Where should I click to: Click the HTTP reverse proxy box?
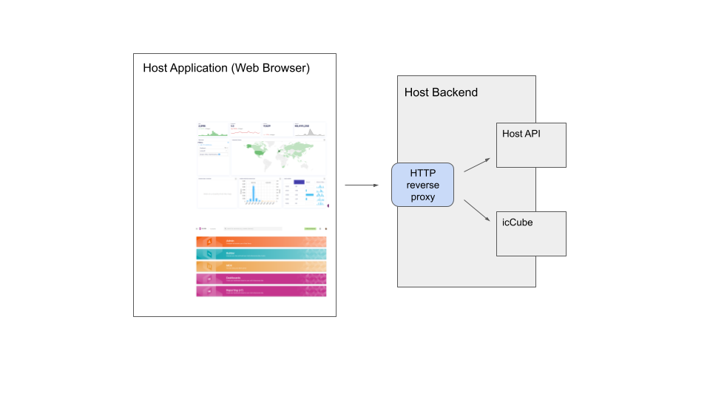tap(422, 184)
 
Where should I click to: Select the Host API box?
tap(531, 145)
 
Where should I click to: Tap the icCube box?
tap(531, 233)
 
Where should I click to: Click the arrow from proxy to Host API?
tap(476, 165)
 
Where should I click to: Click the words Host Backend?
tap(441, 92)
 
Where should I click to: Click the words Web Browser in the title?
tap(271, 68)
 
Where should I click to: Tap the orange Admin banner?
tap(261, 242)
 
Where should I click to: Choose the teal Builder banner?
tap(261, 253)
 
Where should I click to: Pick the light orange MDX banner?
tap(261, 266)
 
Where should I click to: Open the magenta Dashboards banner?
tap(261, 279)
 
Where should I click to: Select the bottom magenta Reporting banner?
tap(261, 291)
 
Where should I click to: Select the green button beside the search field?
tap(310, 229)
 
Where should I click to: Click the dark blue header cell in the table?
tap(299, 181)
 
